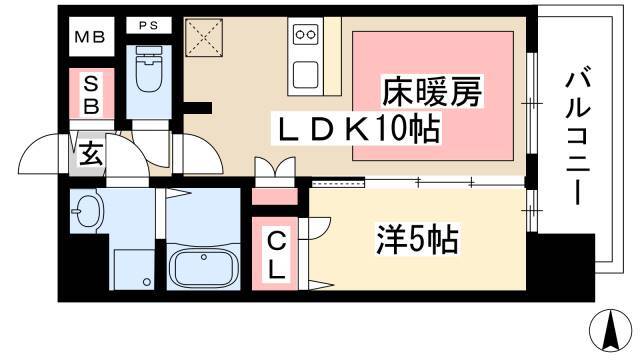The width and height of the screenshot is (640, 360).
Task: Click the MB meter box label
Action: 90,37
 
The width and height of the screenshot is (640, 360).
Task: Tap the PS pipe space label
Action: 149,26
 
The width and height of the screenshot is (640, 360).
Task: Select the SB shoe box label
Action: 91,96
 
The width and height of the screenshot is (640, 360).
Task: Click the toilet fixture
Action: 149,69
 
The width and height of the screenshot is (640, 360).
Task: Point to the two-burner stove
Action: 305,34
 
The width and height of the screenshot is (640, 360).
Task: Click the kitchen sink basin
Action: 305,74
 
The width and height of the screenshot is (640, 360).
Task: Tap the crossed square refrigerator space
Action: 204,38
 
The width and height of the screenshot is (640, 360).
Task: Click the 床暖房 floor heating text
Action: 432,91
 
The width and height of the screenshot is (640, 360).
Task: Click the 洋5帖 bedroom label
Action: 417,239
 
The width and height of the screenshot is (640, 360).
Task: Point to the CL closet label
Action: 276,255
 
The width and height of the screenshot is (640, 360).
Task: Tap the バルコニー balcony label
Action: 578,138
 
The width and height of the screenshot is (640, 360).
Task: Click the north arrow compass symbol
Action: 611,330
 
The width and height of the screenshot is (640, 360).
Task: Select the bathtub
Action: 204,267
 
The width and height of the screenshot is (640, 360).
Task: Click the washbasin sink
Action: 87,211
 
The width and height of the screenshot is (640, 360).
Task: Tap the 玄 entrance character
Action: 91,153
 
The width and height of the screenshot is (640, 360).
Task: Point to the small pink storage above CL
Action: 274,197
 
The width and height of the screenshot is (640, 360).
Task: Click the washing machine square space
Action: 134,269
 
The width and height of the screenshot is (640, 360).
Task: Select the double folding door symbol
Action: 275,167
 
